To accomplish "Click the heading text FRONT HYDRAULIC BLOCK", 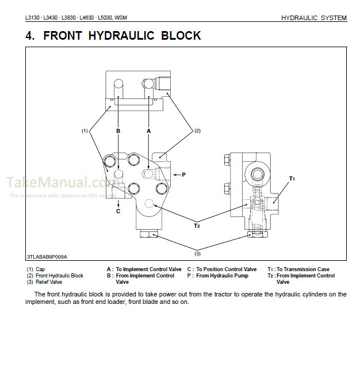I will coord(113,36).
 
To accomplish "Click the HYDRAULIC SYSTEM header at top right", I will coord(313,18).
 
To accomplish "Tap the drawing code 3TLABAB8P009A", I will coord(47,257).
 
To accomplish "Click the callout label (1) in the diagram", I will coord(85,131).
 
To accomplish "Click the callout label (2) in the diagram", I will coord(197,131).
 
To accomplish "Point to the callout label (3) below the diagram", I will coord(197,253).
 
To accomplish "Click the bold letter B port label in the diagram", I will coord(118,131).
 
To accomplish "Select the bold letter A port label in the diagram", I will coord(148,131).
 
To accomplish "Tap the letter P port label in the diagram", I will coord(183,174).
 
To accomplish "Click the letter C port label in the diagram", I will coord(118,211).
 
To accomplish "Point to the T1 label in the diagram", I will coord(292,179).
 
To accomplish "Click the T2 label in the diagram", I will coord(197,225).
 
